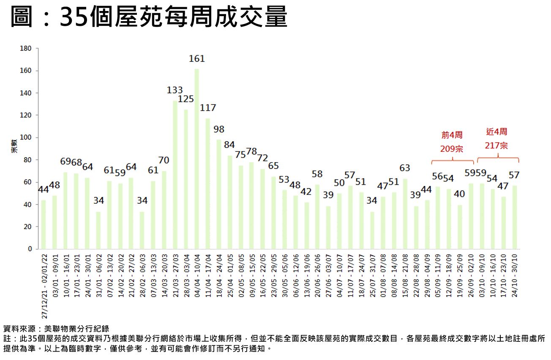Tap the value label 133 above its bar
[175, 90]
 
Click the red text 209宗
[452, 149]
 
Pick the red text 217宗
[496, 145]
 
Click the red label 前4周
[452, 135]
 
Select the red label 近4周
[496, 132]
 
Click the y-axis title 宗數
[14, 146]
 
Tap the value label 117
[208, 108]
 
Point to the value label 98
[219, 129]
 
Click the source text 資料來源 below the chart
[20, 328]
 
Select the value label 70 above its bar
[164, 161]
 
